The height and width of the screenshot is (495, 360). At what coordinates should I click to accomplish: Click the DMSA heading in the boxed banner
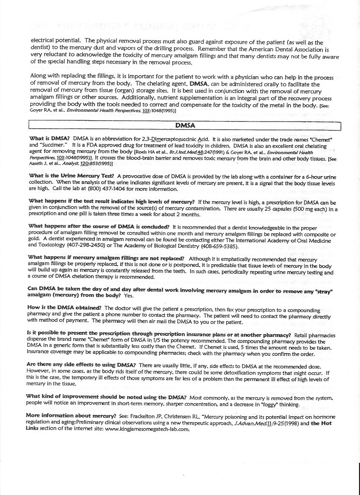coord(185,125)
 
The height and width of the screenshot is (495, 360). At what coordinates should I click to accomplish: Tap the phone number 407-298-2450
coord(91,246)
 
